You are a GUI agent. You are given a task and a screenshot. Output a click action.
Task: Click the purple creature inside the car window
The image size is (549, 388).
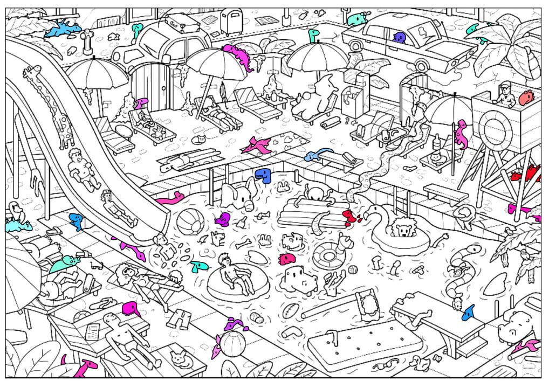pyautogui.click(x=400, y=37)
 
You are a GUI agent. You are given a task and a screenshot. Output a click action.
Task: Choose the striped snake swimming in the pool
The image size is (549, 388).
pyautogui.click(x=461, y=269)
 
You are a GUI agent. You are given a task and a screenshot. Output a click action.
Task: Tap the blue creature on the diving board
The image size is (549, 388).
pyautogui.click(x=469, y=311)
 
